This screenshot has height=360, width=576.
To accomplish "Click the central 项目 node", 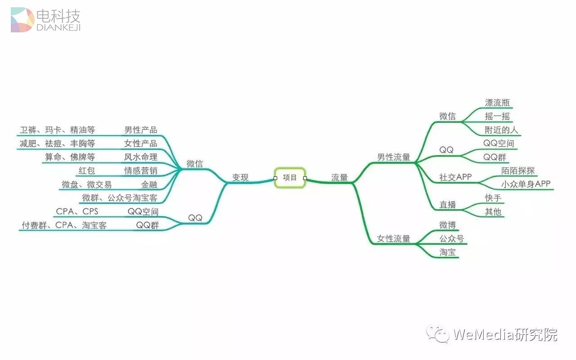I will tap(290, 178).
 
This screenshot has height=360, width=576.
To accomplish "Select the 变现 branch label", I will tap(240, 178).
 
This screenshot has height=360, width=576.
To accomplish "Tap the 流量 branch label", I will tap(340, 178).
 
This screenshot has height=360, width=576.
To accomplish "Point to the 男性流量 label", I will tap(394, 157).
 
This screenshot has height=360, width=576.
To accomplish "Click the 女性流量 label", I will tap(394, 239).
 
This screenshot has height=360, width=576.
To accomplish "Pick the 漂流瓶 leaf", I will tap(497, 103).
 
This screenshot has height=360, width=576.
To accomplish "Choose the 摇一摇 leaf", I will tap(497, 117).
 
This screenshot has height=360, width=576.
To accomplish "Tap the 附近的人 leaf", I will tap(501, 130).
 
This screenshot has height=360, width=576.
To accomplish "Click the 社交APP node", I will tap(455, 177).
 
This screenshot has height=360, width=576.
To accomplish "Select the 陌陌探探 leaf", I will tap(518, 171).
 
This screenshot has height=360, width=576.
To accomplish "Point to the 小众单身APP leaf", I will tap(526, 184).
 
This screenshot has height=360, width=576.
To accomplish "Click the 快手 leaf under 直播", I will tap(493, 198).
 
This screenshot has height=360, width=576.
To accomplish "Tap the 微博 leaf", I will tap(448, 225).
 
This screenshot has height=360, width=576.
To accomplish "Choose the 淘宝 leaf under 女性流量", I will tap(448, 252).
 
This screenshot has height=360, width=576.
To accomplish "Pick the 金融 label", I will tap(149, 184).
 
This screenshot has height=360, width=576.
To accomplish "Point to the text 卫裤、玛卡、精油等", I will tap(57, 130).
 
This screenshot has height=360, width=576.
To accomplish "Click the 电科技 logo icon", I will tap(22, 20).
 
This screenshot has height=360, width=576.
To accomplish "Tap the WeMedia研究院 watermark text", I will tap(505, 335).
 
